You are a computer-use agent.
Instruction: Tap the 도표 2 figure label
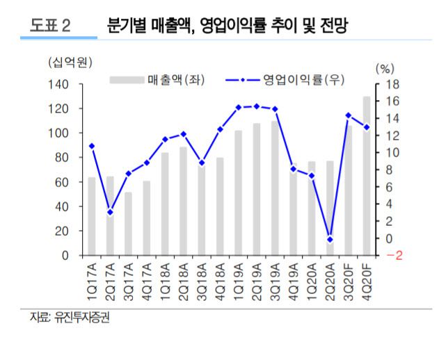pyautogui.click(x=49, y=26)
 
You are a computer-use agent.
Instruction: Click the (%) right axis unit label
pyautogui.click(x=384, y=69)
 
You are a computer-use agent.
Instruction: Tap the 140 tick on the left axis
pyautogui.click(x=60, y=85)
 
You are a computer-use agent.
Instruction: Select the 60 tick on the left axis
pyautogui.click(x=63, y=182)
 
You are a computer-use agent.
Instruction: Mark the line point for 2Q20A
pyautogui.click(x=330, y=239)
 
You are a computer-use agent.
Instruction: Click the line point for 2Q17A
pyautogui.click(x=110, y=212)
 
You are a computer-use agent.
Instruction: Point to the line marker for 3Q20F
pyautogui.click(x=349, y=115)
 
